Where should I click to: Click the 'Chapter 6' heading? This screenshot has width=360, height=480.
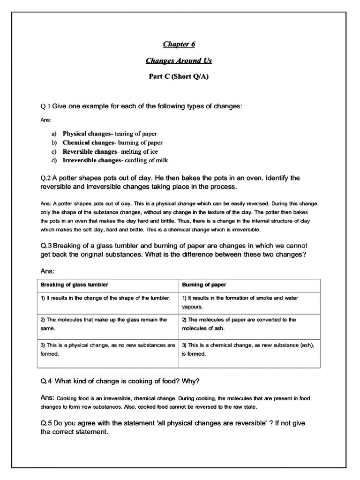(x=179, y=45)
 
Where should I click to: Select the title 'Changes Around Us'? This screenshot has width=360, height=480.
(x=179, y=60)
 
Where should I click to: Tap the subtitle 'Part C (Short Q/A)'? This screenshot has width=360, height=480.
(x=179, y=77)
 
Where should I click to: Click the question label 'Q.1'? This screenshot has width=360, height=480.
(x=45, y=106)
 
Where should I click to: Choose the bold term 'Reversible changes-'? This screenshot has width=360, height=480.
(x=91, y=151)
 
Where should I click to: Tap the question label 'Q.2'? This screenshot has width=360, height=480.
(x=46, y=179)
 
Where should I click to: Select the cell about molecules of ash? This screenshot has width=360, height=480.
(x=239, y=324)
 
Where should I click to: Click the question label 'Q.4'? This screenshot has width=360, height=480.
(x=46, y=380)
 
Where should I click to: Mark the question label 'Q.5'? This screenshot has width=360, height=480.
(x=46, y=423)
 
